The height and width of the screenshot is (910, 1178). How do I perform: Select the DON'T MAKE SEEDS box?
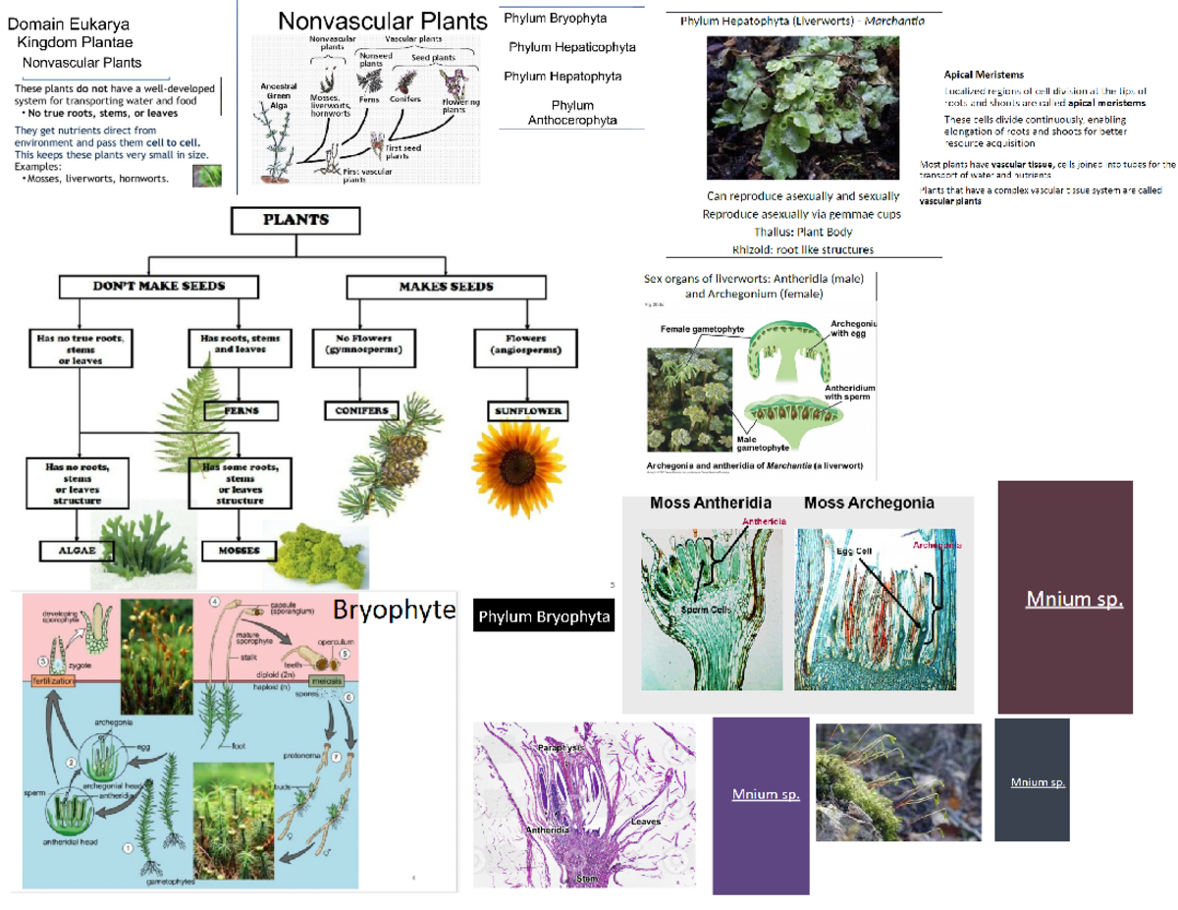tap(159, 286)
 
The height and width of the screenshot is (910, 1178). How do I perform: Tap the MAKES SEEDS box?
tap(445, 287)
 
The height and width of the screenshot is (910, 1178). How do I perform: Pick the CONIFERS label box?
tap(362, 410)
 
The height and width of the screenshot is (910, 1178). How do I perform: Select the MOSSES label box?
tap(239, 551)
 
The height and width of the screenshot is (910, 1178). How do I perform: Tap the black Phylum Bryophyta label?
tap(544, 617)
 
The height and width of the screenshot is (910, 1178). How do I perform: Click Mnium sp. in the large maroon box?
tap(1073, 599)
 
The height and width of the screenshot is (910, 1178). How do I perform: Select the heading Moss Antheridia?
tap(711, 503)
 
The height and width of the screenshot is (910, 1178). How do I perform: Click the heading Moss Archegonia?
tap(869, 503)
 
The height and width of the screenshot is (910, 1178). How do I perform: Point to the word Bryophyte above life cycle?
tap(394, 610)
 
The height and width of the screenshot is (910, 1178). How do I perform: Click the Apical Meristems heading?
tap(984, 75)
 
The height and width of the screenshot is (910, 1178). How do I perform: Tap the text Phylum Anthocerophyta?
tap(571, 113)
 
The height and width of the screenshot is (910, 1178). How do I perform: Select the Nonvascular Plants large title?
tap(383, 21)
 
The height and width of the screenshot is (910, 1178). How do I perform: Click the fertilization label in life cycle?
tap(54, 680)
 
